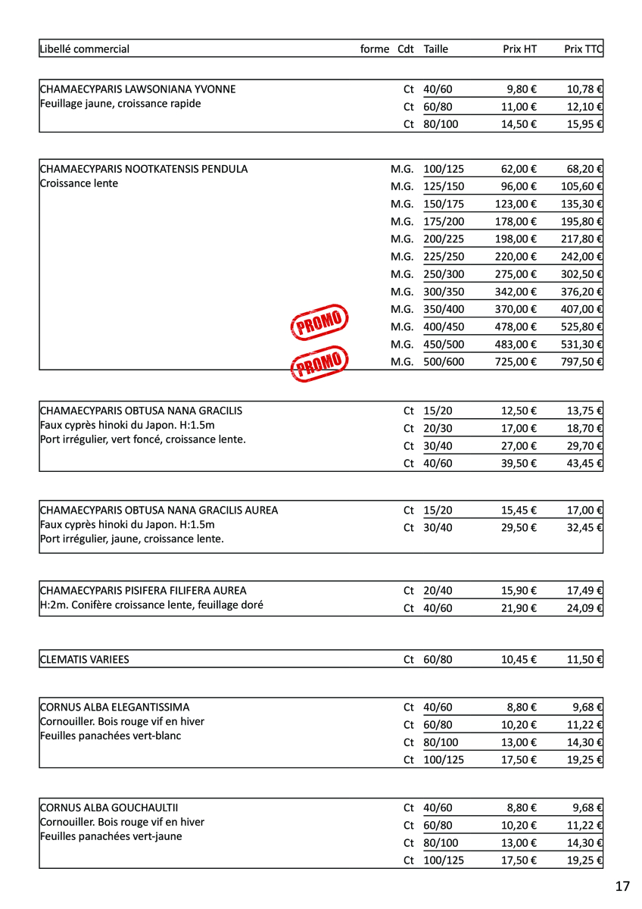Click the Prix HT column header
click(519, 49)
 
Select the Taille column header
click(436, 49)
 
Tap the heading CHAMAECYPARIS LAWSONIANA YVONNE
click(138, 89)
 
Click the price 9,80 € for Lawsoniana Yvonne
click(522, 89)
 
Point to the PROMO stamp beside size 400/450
click(319, 323)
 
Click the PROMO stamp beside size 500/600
click(319, 364)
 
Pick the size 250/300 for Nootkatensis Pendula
click(444, 274)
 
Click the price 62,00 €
click(519, 169)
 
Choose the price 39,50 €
click(519, 464)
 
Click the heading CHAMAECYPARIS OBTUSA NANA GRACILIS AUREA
click(159, 511)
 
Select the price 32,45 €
click(584, 528)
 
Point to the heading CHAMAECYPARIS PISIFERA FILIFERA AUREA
click(143, 591)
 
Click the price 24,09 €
click(584, 608)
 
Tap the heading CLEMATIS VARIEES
click(84, 660)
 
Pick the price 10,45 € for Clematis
click(519, 660)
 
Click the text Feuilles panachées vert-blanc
click(111, 736)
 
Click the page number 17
click(622, 886)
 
